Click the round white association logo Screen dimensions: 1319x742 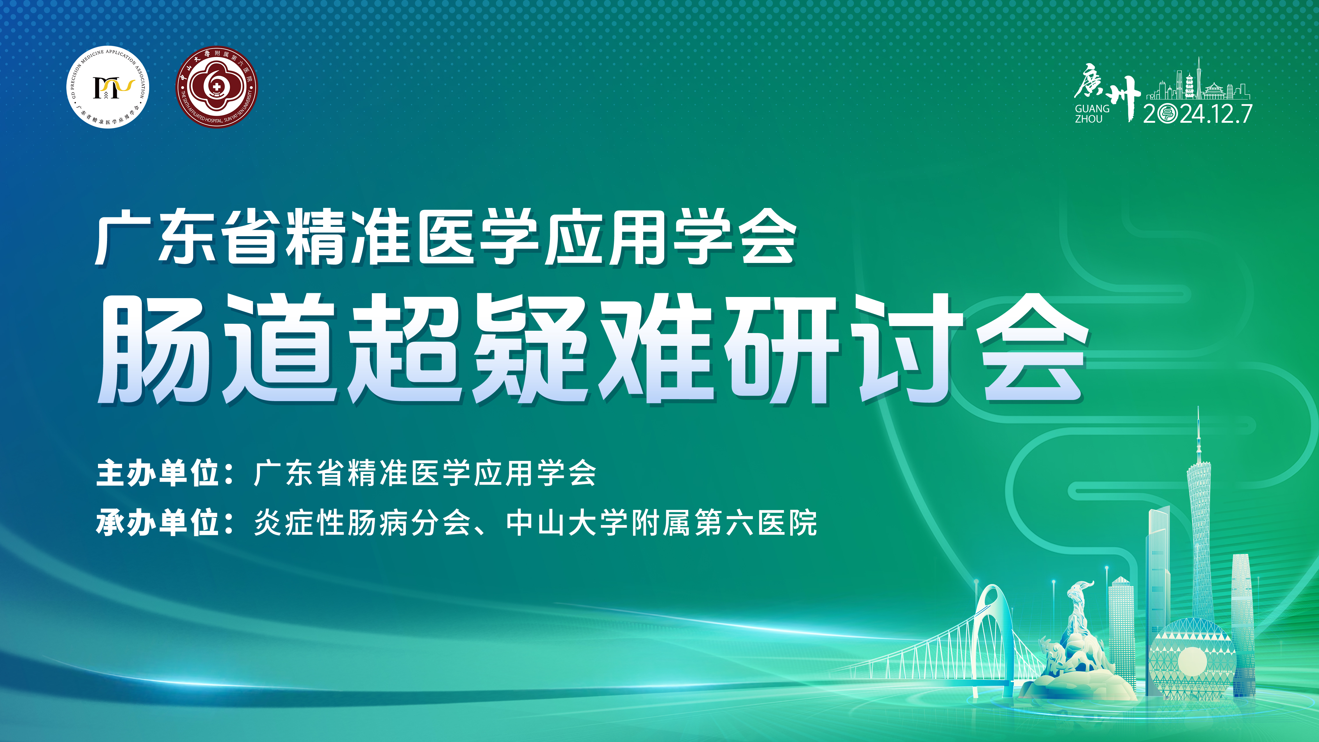pos(108,88)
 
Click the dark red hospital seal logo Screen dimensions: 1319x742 pos(217,87)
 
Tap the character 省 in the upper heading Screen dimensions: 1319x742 pos(250,237)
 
